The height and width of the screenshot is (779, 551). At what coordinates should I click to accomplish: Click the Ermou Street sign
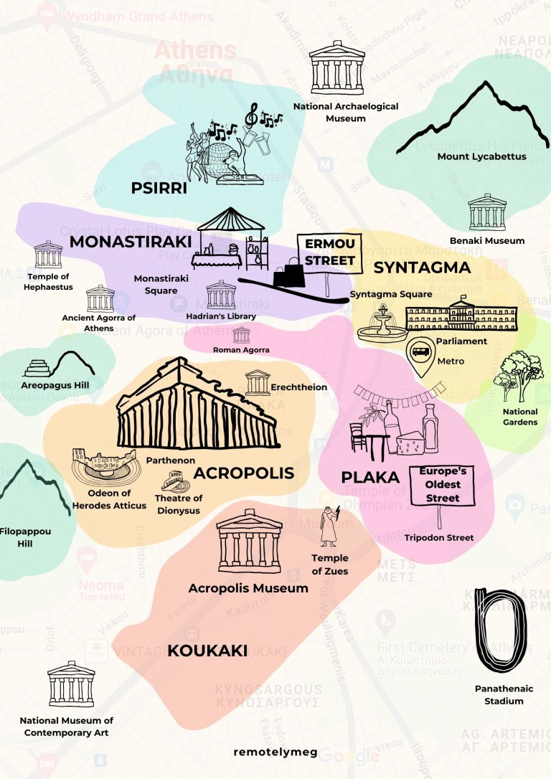(330, 252)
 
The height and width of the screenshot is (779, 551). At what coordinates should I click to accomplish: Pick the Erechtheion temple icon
(257, 383)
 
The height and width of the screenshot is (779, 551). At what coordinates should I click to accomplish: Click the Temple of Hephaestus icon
(48, 255)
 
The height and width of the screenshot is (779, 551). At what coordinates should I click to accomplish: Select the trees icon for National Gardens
(521, 377)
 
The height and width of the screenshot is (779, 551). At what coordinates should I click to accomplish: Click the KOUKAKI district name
(207, 651)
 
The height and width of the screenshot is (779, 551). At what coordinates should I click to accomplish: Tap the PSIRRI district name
(159, 188)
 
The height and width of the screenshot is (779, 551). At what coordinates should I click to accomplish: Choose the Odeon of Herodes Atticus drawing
(103, 467)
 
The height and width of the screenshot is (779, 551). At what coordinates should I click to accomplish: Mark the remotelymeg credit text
(275, 751)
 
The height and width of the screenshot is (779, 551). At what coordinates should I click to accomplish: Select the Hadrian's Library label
(221, 316)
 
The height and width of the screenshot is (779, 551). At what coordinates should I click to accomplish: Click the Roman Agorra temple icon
(241, 335)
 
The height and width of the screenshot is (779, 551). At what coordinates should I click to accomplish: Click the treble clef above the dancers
(251, 113)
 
